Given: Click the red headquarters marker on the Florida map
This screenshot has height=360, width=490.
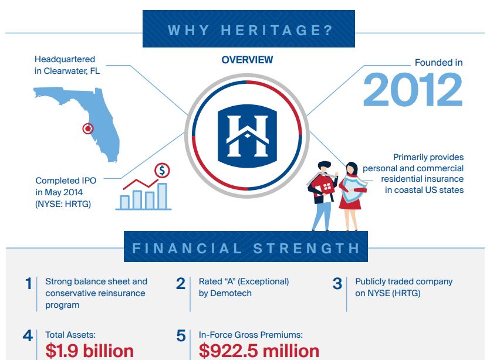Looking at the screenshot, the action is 88,128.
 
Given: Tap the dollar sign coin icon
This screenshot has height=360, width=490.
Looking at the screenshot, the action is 162,171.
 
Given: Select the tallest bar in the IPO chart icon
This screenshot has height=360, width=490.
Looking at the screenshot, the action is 162,196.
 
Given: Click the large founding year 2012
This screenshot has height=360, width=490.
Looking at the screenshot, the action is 413,89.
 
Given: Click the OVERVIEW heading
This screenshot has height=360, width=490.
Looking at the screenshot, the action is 247,60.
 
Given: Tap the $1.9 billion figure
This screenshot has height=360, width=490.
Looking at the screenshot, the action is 90,351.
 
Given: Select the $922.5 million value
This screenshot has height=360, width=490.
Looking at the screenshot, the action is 259,351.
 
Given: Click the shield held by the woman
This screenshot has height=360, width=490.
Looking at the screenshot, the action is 353,189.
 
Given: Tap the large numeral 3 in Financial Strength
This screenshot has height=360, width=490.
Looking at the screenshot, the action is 337,284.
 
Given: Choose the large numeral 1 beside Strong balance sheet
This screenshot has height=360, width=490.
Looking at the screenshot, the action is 28,284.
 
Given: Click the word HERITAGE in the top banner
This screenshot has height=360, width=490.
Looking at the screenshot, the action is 276,30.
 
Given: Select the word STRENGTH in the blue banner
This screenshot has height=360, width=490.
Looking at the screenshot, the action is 306,249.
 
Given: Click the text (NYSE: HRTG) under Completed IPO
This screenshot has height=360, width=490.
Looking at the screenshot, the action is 63,204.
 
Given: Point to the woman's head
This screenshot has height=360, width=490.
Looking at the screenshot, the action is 352,169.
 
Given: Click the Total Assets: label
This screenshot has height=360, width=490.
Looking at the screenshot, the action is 70,335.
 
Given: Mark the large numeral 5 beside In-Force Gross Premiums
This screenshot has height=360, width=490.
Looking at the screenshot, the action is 181,336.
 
